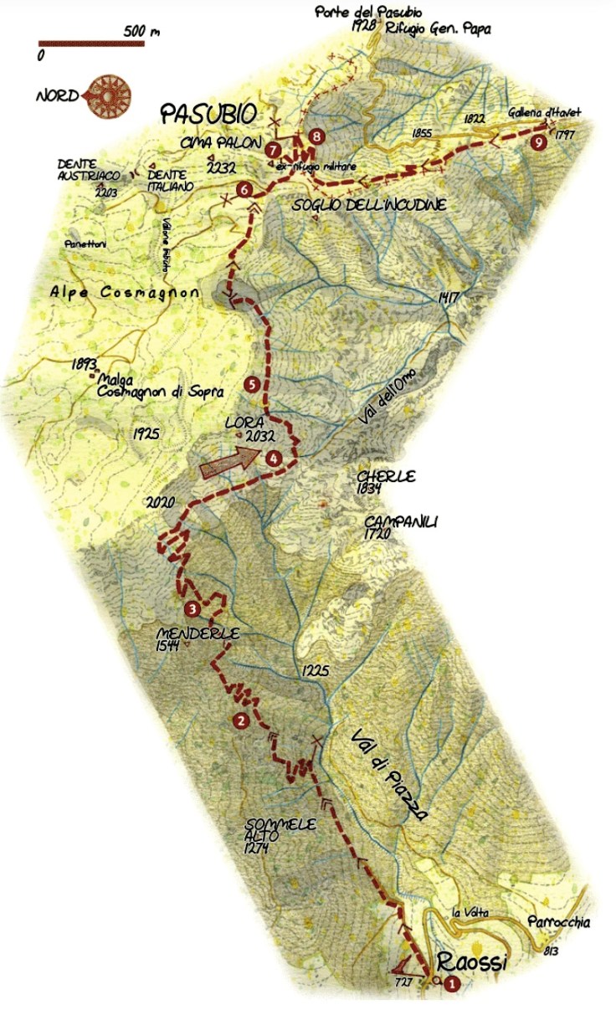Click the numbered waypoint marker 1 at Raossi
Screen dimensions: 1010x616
coord(452,984)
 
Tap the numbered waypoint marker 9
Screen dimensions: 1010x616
coord(540,142)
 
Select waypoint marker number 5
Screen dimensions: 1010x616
coord(252,384)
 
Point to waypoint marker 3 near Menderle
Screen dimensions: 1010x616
coord(192,608)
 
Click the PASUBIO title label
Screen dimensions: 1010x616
coord(207,113)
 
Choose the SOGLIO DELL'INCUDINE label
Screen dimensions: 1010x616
coord(369,205)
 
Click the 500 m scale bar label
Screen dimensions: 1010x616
coord(141,32)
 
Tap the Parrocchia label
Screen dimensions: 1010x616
coord(559,923)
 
